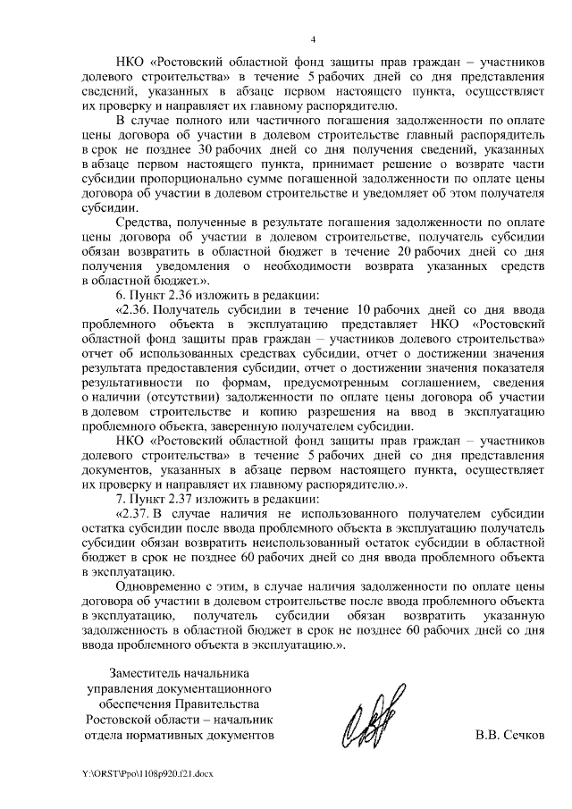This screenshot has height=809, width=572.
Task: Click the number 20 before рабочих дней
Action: click(x=403, y=252)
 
